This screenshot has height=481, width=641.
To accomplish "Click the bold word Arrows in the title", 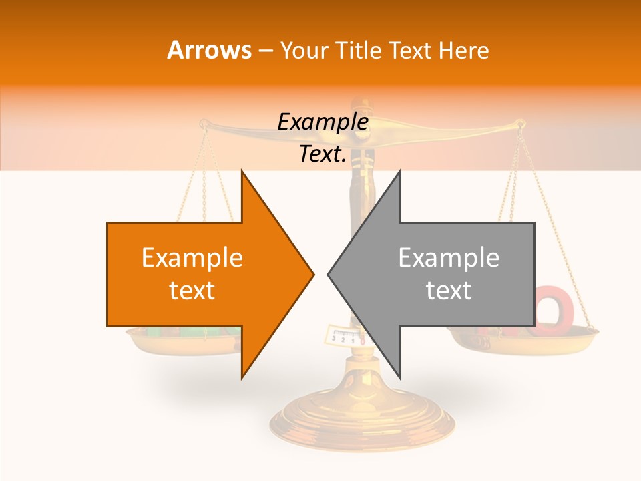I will [x=209, y=50].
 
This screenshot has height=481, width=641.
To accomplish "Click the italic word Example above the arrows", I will [x=323, y=122].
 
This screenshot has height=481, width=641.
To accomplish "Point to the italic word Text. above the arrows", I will [x=323, y=154].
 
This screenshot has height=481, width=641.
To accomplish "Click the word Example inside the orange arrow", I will [x=192, y=257].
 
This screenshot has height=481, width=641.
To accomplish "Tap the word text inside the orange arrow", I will [x=192, y=290].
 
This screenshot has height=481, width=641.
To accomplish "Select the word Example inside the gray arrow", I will [x=449, y=257].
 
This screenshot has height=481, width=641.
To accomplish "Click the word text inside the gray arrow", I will [x=449, y=290].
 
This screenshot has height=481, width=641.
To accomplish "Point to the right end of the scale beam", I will [x=521, y=123].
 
